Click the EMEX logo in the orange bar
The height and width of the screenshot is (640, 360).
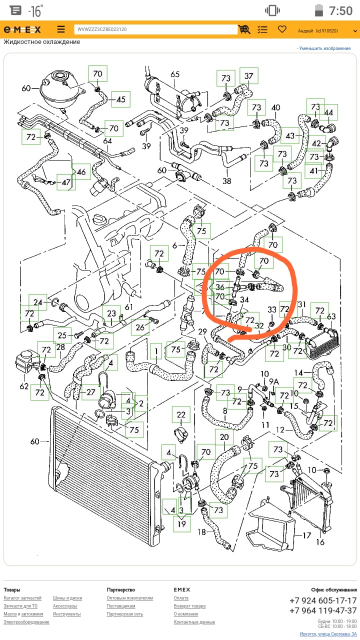tap(22, 29)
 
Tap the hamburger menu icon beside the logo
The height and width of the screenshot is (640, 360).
tap(61, 29)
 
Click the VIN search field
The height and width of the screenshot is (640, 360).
tap(155, 29)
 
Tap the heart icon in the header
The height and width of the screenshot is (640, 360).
tap(282, 29)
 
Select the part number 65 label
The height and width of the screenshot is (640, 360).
tap(175, 74)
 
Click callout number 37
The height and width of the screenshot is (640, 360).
tap(248, 76)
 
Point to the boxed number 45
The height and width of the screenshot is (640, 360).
tap(121, 99)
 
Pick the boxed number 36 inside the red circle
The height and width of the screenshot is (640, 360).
tap(220, 287)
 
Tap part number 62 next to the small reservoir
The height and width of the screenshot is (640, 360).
tap(24, 386)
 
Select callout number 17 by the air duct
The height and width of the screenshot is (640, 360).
tap(306, 535)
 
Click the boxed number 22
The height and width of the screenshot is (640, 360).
tap(181, 414)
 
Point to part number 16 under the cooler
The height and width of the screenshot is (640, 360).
tap(320, 542)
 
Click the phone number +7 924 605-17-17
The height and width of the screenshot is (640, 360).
tap(323, 600)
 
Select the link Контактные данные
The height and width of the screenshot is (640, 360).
tap(194, 622)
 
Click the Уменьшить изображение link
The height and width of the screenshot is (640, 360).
tap(325, 48)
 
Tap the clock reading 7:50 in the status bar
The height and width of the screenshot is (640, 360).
tap(340, 10)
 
